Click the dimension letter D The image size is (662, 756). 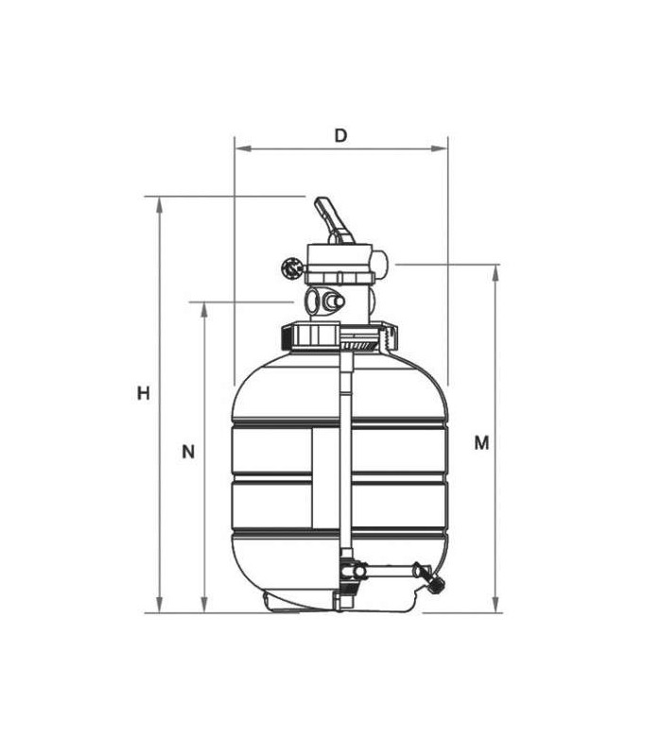[340, 136]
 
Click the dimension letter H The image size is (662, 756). [144, 393]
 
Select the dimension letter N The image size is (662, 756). [188, 452]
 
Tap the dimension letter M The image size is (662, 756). [481, 442]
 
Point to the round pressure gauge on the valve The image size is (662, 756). [291, 267]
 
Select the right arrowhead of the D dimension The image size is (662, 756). [439, 148]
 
